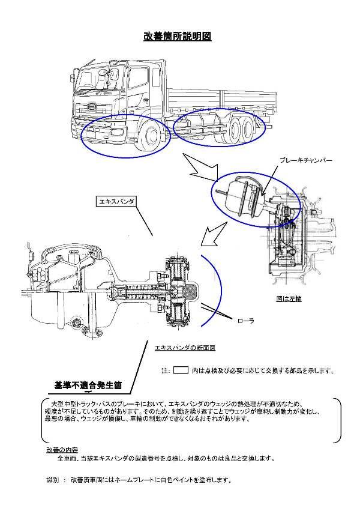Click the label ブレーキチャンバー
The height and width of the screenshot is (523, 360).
tap(305, 160)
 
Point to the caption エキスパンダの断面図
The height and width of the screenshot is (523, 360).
tap(185, 348)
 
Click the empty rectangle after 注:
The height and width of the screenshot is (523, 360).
tap(181, 370)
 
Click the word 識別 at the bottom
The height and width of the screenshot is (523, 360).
tap(53, 480)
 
